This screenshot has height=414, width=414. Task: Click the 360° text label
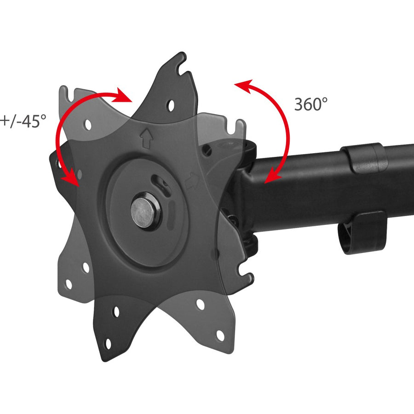[311, 104]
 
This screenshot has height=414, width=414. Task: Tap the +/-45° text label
[23, 121]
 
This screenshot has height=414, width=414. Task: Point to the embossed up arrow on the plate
[146, 138]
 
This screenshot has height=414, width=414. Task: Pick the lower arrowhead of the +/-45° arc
[70, 178]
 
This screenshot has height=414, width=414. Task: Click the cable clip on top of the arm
[366, 157]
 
